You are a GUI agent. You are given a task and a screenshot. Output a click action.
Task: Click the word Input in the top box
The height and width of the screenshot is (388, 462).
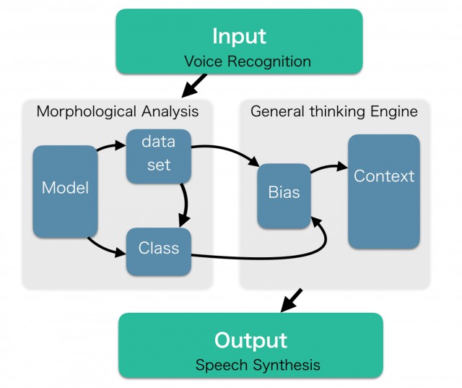[238, 35]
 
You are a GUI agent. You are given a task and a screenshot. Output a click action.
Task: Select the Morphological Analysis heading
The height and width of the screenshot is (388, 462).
[117, 111]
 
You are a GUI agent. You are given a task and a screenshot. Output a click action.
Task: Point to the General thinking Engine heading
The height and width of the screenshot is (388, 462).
[334, 111]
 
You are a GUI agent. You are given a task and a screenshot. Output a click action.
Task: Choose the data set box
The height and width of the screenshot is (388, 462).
[159, 155]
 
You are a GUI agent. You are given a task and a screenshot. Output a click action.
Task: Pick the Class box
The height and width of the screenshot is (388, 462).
[159, 249]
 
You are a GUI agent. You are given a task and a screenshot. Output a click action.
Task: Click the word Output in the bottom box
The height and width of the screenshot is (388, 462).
[250, 340]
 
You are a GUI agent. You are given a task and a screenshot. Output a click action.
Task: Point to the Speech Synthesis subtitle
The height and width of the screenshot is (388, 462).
[258, 365]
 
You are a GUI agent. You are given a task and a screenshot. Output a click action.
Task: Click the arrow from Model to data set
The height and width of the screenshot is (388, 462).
[112, 147]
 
